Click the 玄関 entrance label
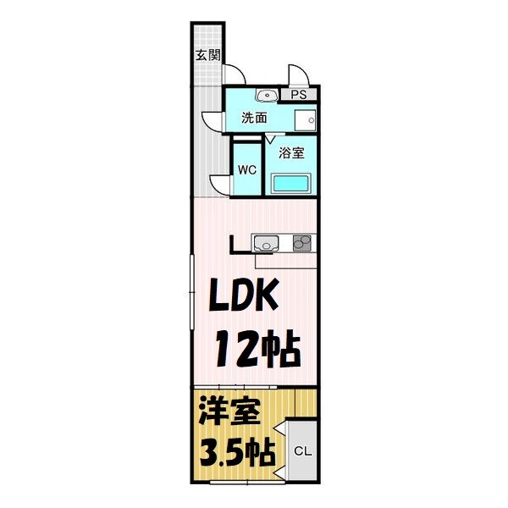pyautogui.click(x=207, y=57)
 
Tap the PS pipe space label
pyautogui.click(x=299, y=95)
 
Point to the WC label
pyautogui.click(x=246, y=169)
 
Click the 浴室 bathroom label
pyautogui.click(x=292, y=153)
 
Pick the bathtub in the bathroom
pyautogui.click(x=292, y=183)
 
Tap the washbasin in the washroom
pyautogui.click(x=264, y=95)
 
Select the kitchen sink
pyautogui.click(x=265, y=244)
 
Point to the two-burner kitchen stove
pyautogui.click(x=301, y=243)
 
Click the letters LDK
pyautogui.click(x=246, y=298)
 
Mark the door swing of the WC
pyautogui.click(x=219, y=182)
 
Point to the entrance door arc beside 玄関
pyautogui.click(x=237, y=75)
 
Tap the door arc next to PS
pyautogui.click(x=296, y=76)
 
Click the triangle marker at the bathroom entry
pyautogui.click(x=271, y=137)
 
